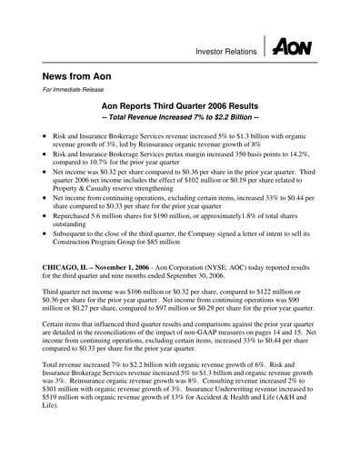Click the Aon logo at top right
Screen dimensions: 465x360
tap(294, 46)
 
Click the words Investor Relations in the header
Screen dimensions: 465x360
tap(223, 53)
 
